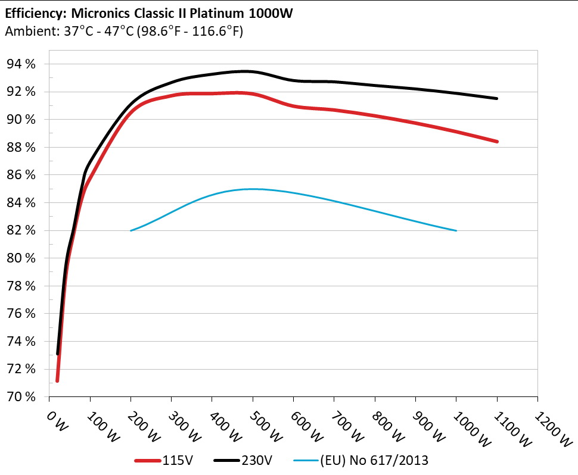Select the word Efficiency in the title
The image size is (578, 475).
click(28, 12)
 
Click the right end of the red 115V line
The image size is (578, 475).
click(496, 142)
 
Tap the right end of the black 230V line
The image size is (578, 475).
click(496, 98)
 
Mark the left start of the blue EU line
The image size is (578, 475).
click(130, 230)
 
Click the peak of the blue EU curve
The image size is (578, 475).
click(253, 189)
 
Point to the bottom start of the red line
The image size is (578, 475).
click(57, 380)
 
